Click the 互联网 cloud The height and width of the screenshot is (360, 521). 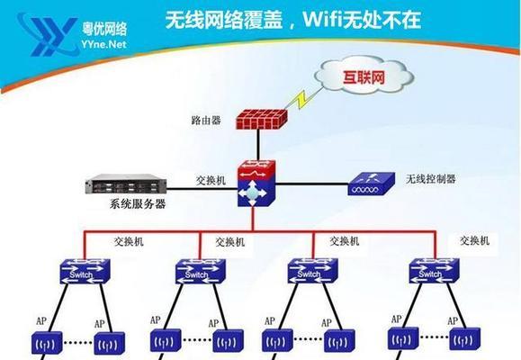tap(364, 76)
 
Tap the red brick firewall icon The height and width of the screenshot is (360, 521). tap(262, 119)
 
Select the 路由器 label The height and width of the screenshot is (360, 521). tap(206, 121)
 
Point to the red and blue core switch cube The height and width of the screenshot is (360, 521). tap(256, 184)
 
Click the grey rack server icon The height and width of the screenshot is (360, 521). tap(126, 184)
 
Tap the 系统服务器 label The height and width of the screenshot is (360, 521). tap(138, 203)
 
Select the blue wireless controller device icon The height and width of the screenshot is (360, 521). tap(371, 184)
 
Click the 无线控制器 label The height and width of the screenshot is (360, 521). tap(431, 179)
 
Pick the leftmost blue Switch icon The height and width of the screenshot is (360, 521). tap(85, 272)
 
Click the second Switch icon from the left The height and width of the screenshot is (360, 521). tap(201, 272)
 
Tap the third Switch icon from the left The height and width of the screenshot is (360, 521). tap(312, 271)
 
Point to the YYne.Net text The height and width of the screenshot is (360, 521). tap(103, 44)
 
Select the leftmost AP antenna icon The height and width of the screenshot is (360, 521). tap(47, 343)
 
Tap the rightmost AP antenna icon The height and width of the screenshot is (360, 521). tap(465, 339)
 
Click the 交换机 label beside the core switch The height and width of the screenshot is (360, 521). tap(211, 181)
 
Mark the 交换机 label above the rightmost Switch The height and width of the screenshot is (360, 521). tap(474, 240)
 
